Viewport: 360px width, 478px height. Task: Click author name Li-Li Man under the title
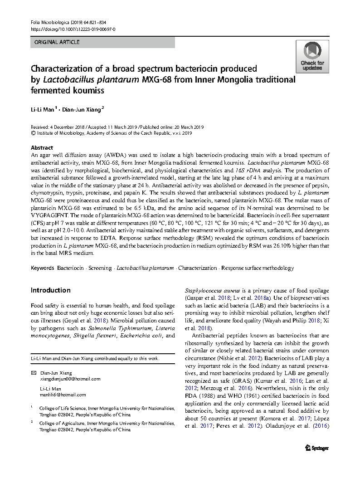(42, 109)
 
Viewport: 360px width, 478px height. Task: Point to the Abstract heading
(42, 148)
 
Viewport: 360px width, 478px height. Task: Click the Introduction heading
(50, 290)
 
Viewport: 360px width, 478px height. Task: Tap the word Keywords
(42, 268)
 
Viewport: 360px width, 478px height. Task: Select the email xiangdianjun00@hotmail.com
(70, 379)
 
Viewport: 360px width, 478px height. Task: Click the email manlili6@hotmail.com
(63, 395)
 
